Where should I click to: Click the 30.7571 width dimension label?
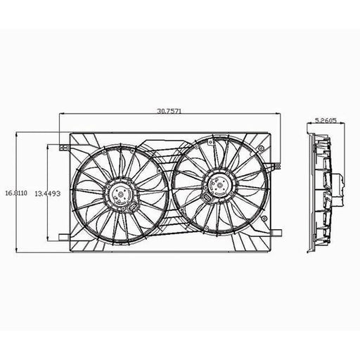tap(169, 111)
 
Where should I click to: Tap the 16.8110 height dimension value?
tap(16, 193)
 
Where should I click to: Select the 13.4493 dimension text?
tap(48, 193)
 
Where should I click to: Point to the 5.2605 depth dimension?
tap(326, 120)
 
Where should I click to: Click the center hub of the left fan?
tap(121, 194)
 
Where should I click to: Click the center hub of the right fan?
tap(219, 185)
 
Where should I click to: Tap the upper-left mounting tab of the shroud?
tap(64, 148)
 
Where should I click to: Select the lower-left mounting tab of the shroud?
tap(64, 238)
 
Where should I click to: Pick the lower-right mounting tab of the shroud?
tap(276, 233)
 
